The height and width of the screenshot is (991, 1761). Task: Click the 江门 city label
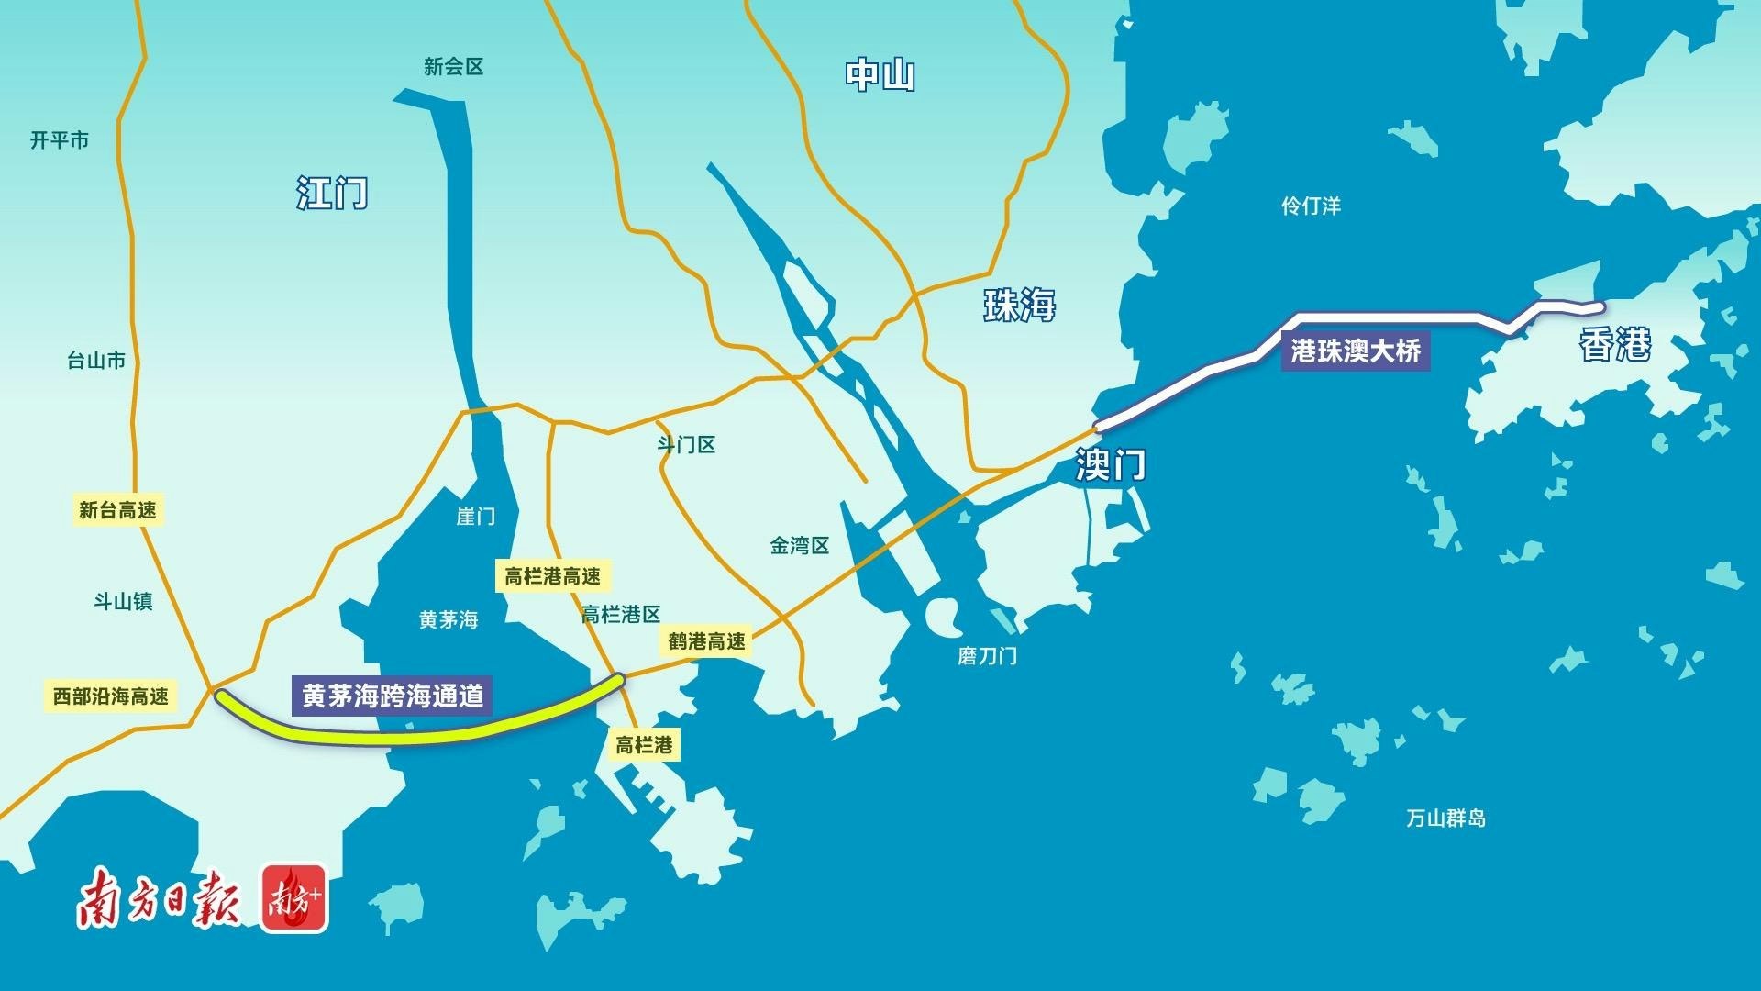coord(332,193)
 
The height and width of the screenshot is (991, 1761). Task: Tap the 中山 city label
coord(880,74)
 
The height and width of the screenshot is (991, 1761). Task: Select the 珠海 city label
coord(1019,305)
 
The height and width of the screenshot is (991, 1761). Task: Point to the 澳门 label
coord(1111,464)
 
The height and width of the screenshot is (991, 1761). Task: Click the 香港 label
coord(1614,344)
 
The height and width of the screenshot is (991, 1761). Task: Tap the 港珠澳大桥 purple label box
coord(1356,351)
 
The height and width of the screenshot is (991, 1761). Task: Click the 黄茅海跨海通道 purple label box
coord(393,696)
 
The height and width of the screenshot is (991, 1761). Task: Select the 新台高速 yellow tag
coord(117,510)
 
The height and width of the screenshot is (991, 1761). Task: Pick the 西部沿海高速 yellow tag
coord(111,696)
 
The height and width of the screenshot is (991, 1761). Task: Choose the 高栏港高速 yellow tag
coord(552,576)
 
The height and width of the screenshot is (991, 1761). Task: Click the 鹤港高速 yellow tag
coord(706,641)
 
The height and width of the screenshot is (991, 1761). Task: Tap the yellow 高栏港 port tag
coord(644,745)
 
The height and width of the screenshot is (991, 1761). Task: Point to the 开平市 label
coord(60,140)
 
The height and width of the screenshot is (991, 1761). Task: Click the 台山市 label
coord(96,361)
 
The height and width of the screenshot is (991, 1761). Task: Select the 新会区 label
coord(453,67)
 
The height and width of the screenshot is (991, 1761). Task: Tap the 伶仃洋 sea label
coord(1311,206)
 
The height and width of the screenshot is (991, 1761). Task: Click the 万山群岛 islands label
coord(1445,818)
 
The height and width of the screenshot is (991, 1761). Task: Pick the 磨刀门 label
coord(987,656)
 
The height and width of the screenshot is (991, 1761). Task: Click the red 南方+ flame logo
coord(293,898)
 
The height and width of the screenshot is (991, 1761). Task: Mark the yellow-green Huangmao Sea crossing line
coord(413,735)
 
